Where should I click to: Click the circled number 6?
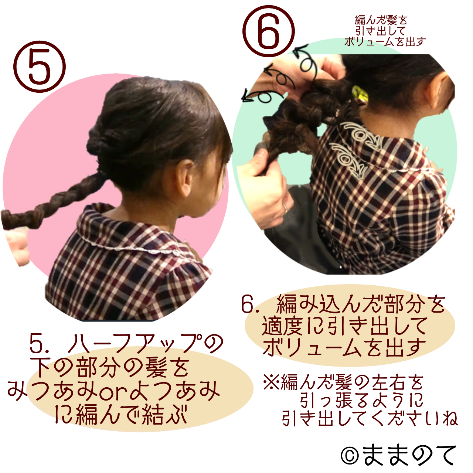tap(269, 31)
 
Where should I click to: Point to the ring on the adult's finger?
tap(285, 208)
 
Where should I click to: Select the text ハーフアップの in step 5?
tap(146, 344)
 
